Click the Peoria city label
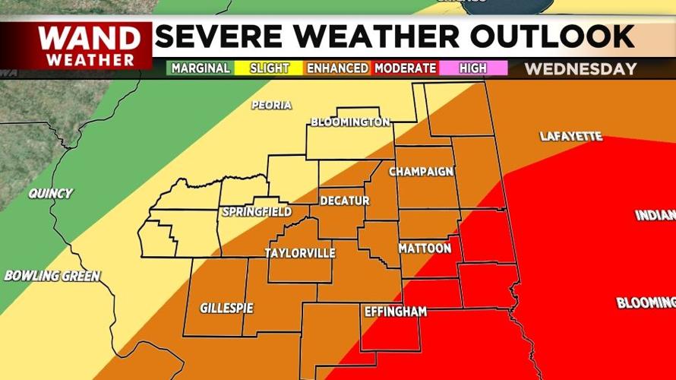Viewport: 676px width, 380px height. (271, 105)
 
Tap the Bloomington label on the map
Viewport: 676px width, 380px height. (350, 122)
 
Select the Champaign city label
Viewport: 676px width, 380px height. (421, 172)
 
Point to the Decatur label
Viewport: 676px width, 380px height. (344, 201)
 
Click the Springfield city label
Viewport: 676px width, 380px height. (257, 211)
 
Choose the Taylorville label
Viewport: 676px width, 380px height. (299, 253)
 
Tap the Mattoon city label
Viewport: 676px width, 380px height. (425, 249)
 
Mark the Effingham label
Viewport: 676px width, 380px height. (395, 312)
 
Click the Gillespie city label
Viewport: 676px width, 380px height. (226, 308)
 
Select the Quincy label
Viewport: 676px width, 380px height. (50, 194)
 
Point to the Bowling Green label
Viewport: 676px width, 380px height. (52, 276)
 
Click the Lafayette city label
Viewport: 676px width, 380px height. (570, 137)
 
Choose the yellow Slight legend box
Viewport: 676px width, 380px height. (270, 68)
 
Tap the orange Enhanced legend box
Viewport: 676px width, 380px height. (338, 68)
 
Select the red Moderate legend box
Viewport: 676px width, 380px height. (406, 68)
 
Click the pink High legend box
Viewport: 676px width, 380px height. (473, 68)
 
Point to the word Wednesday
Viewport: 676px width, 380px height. (580, 69)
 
